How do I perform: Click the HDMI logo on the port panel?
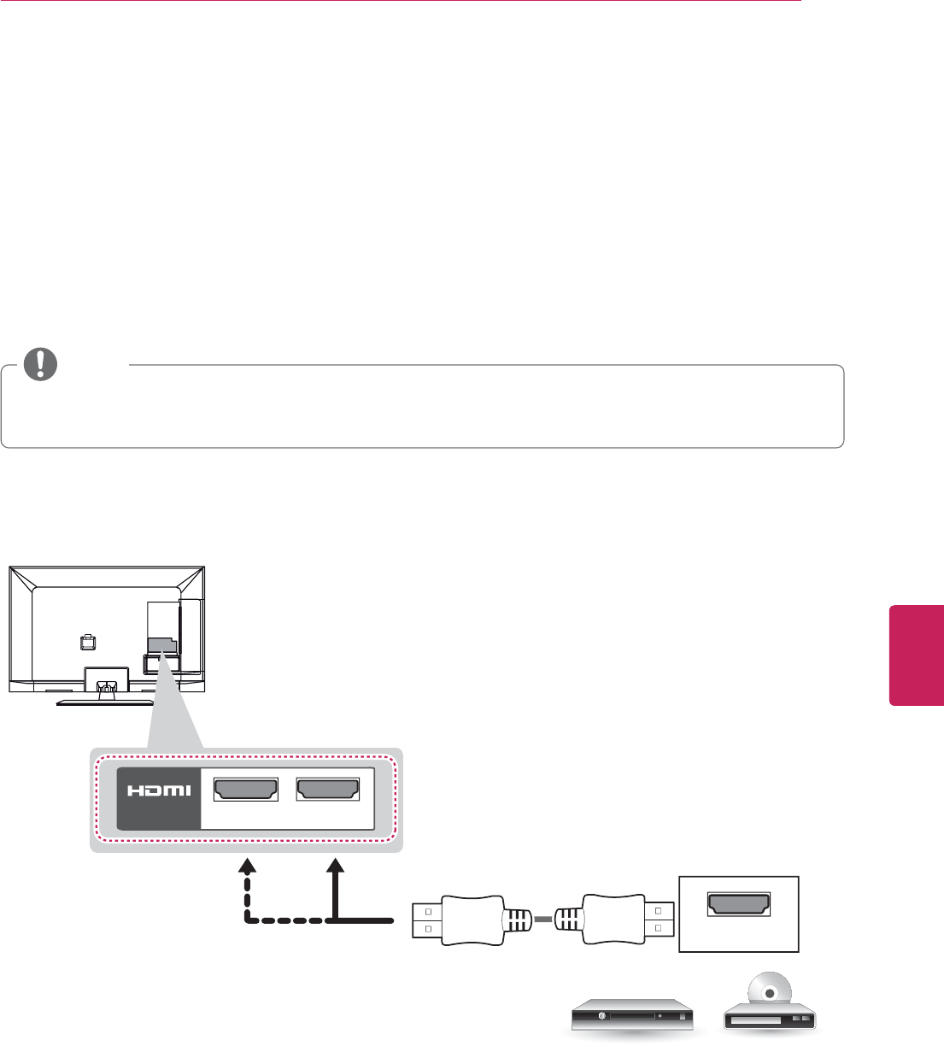[x=160, y=790]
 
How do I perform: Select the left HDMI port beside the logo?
[x=246, y=790]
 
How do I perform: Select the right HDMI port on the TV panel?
[x=327, y=790]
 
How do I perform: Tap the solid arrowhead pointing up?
[x=336, y=867]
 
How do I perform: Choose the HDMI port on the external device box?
[x=738, y=904]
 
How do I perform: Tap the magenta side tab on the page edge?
[x=917, y=655]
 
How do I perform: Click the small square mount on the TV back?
[x=85, y=639]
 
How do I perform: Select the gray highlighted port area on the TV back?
[x=161, y=646]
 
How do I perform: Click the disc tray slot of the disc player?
[x=753, y=1020]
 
